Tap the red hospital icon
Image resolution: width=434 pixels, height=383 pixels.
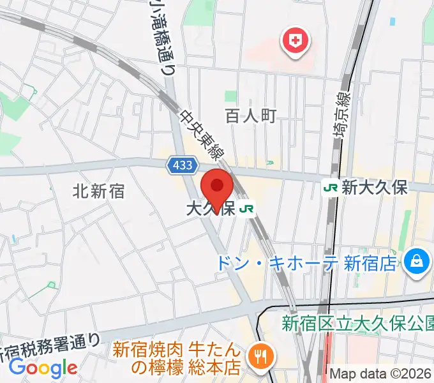click(x=295, y=42)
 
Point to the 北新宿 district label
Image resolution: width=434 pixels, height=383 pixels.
click(x=98, y=190)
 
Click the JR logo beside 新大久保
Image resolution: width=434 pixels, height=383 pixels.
click(x=331, y=187)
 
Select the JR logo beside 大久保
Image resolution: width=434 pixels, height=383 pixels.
click(x=247, y=209)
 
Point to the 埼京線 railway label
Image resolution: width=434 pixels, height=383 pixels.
click(x=343, y=114)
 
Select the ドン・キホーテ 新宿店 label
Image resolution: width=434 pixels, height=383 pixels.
click(x=306, y=263)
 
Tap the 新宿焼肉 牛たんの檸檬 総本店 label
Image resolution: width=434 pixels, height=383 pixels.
click(x=177, y=359)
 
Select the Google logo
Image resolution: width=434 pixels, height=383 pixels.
click(x=43, y=368)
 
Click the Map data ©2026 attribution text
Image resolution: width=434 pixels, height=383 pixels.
click(x=380, y=373)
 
